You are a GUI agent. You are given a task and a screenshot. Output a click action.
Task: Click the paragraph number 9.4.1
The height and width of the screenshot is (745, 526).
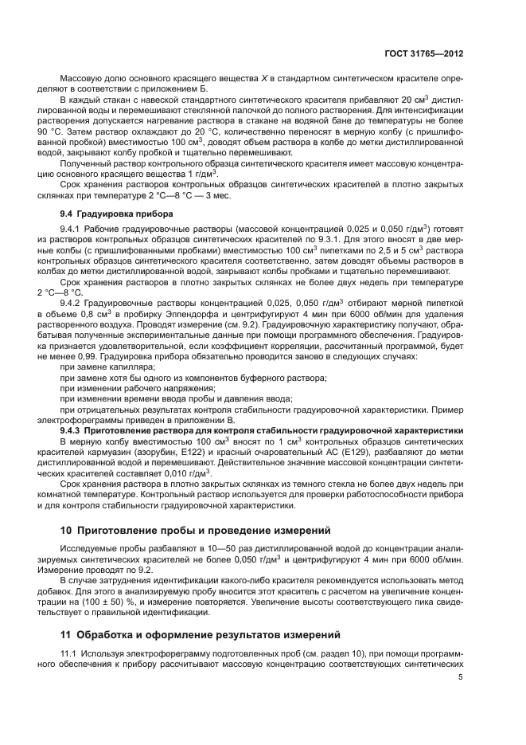72,229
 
